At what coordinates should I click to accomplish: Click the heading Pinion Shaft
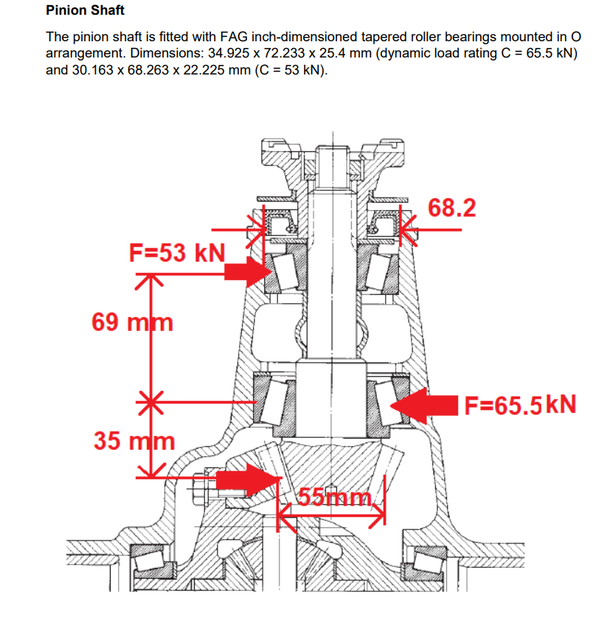pos(85,11)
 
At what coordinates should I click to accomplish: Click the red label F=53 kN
pos(176,253)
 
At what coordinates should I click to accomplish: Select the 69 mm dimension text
pos(132,321)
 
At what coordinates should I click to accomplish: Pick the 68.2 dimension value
pos(452,208)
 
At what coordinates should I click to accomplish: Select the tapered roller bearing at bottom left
pos(153,563)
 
